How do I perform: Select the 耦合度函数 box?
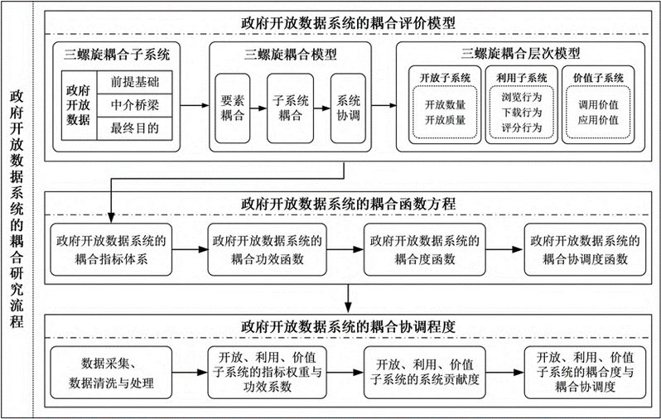pyautogui.click(x=424, y=248)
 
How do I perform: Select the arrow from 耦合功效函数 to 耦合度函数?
pyautogui.click(x=346, y=248)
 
